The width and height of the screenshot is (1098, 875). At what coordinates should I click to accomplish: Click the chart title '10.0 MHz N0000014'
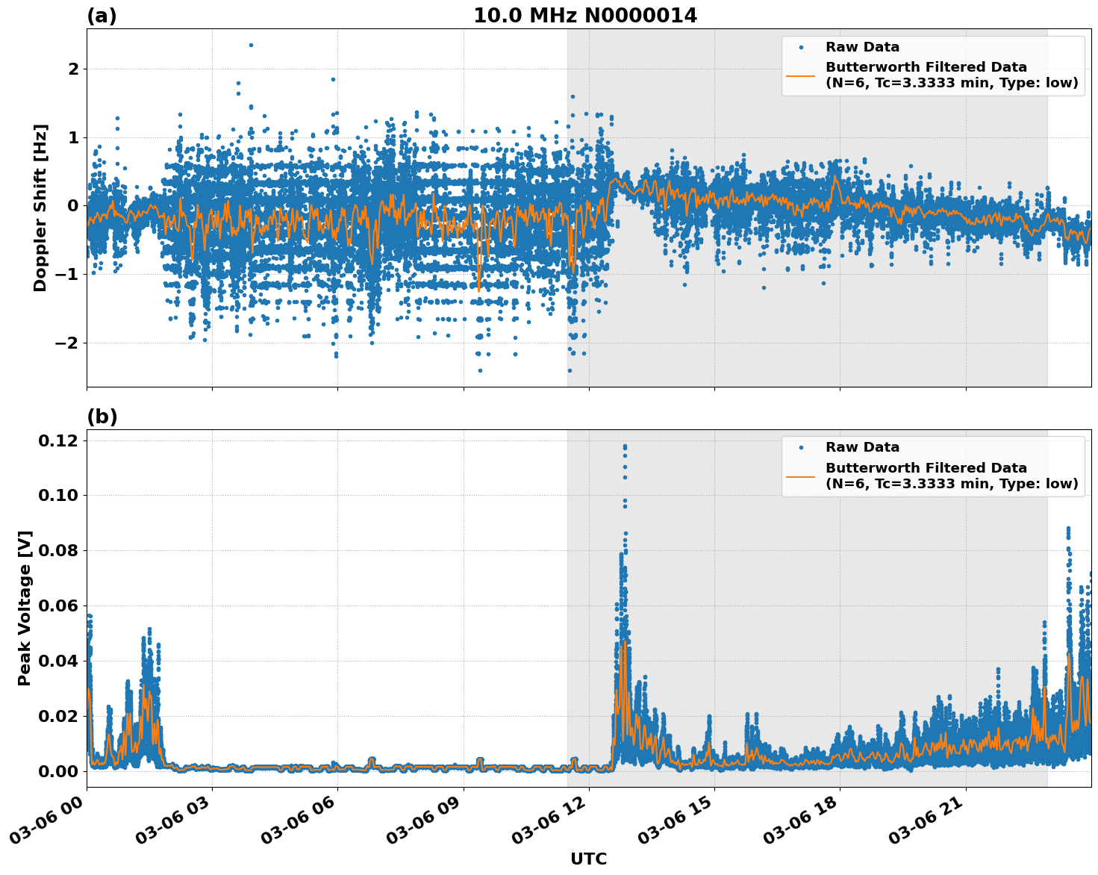[584, 16]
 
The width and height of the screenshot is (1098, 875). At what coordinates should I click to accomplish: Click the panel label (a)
[102, 16]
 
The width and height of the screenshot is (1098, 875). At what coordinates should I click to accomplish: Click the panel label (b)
[102, 417]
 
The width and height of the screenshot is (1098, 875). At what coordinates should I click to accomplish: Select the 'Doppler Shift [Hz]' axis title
[40, 208]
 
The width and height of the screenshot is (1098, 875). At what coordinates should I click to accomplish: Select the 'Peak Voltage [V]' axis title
[25, 608]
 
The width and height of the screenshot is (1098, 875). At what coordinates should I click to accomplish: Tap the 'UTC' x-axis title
[588, 859]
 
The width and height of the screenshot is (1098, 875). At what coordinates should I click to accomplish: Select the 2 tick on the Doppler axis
[74, 69]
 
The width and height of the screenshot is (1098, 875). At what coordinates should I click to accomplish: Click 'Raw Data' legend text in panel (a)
[862, 47]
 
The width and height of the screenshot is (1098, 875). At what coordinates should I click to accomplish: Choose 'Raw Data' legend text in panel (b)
[862, 447]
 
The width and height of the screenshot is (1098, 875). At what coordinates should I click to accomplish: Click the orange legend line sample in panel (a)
[800, 75]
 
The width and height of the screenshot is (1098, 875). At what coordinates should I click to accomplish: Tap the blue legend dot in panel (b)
[800, 447]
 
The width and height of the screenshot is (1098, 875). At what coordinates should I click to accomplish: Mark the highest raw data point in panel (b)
[625, 446]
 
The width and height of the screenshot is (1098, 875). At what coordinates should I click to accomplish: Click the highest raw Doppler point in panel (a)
[251, 45]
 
